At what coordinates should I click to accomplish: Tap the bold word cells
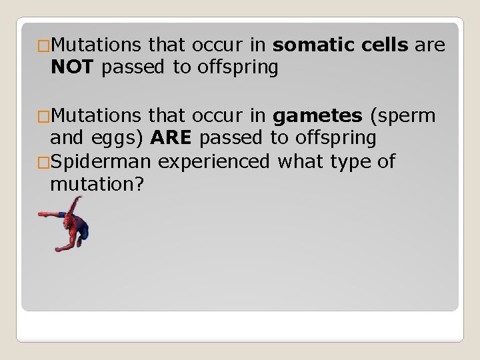(386, 45)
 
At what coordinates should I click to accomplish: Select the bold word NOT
(73, 68)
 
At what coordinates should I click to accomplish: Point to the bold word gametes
(317, 116)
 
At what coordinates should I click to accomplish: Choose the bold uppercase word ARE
(172, 139)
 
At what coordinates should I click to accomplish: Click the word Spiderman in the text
(101, 161)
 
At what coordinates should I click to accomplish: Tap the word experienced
(214, 161)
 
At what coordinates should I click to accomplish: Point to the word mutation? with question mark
(97, 184)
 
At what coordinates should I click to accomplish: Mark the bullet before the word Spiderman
(44, 162)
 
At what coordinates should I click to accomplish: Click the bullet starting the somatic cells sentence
(44, 46)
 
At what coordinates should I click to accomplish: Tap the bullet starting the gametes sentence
(44, 117)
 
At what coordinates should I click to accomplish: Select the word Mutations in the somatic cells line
(95, 45)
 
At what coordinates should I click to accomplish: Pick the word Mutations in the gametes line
(95, 116)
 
